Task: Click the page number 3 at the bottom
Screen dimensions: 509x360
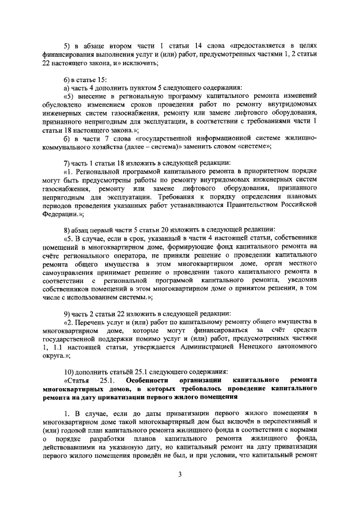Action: tap(180, 474)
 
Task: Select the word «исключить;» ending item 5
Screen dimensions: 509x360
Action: tap(139, 63)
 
